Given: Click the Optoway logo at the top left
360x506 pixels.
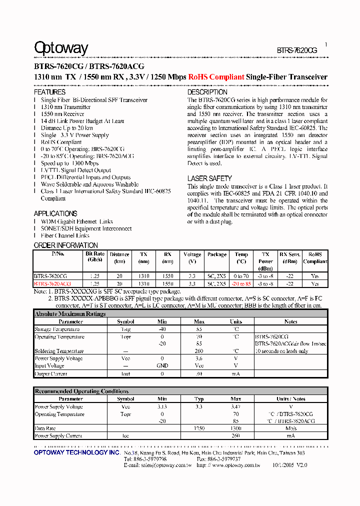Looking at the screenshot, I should click(61, 48).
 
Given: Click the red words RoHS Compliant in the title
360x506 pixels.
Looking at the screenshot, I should click(216, 77).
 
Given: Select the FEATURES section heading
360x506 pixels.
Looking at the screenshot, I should click(49, 92).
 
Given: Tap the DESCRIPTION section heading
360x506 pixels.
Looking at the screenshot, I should click(207, 92).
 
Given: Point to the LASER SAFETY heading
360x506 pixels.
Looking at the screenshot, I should click(209, 178).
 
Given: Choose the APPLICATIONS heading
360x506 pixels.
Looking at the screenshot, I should click(55, 213).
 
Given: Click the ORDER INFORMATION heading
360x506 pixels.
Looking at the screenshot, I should click(65, 245).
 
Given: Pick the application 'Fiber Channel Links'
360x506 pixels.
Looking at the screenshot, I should click(65, 235).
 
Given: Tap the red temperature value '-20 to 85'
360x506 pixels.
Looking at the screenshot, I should click(241, 283).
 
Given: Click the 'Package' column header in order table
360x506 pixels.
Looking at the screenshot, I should click(217, 254).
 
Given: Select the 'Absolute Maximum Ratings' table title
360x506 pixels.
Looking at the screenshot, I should click(70, 314).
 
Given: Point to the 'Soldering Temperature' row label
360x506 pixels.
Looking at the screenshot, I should click(59, 351).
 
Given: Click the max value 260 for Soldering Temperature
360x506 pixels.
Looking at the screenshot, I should click(199, 351).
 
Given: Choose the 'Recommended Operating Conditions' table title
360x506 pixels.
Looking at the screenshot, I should click(81, 391).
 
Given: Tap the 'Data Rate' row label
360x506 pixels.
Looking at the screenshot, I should click(45, 428).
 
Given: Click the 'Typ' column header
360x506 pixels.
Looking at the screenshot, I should click(199, 399).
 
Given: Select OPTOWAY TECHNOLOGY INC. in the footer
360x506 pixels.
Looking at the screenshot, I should click(76, 452).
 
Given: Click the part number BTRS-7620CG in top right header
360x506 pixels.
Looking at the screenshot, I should click(297, 50).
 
